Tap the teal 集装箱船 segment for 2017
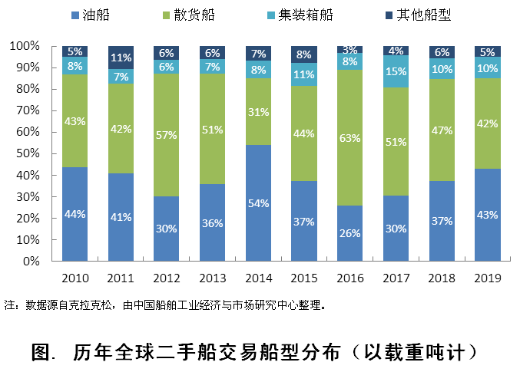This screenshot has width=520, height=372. tap(396, 71)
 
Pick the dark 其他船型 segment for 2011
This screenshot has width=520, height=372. tap(121, 57)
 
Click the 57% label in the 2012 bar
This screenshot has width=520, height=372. tap(167, 135)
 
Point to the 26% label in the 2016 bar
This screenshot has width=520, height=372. tap(350, 233)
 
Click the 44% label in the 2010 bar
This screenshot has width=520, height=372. tap(75, 214)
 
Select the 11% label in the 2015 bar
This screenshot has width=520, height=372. tap(304, 75)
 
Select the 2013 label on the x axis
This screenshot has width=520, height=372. tap(213, 276)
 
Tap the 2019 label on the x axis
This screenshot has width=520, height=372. tap(487, 276)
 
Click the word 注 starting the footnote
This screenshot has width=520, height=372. tap(8, 305)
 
